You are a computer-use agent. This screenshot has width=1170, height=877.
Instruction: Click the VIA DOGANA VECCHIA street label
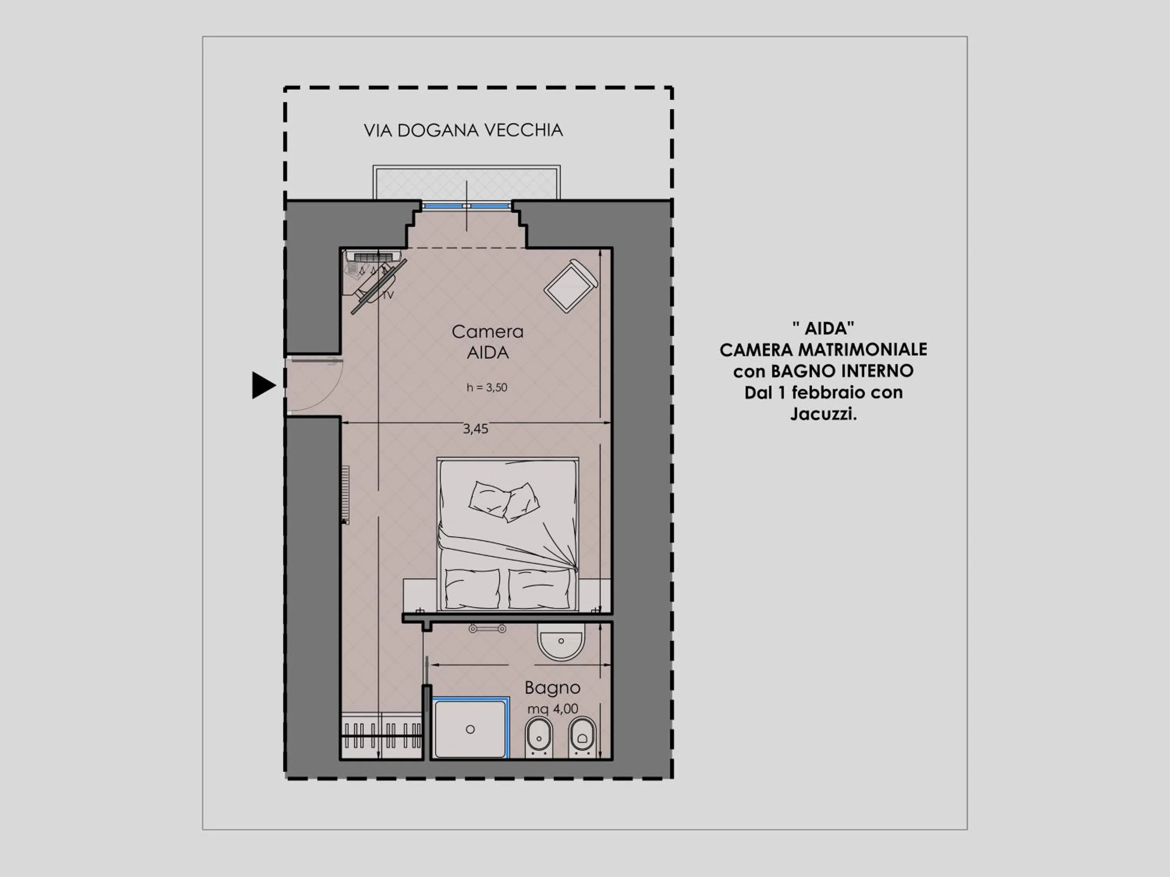[x=463, y=131]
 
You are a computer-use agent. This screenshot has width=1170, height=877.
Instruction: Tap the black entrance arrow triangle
[x=262, y=385]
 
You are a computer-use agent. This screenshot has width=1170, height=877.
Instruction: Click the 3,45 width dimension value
[x=475, y=429]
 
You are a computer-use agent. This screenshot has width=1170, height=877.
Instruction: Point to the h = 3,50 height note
[x=487, y=387]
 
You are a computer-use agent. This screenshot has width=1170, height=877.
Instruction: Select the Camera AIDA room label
[x=487, y=342]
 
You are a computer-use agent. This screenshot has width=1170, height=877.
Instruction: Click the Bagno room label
[x=552, y=688]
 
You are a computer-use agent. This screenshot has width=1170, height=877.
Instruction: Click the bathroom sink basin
[x=561, y=642]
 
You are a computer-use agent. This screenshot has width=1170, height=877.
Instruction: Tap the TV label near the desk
[x=388, y=295]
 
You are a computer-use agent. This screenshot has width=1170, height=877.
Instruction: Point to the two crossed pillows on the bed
[x=503, y=500]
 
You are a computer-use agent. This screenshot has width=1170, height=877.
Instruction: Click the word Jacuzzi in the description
[x=823, y=414]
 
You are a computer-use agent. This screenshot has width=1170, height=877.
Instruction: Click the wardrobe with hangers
[x=381, y=736]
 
